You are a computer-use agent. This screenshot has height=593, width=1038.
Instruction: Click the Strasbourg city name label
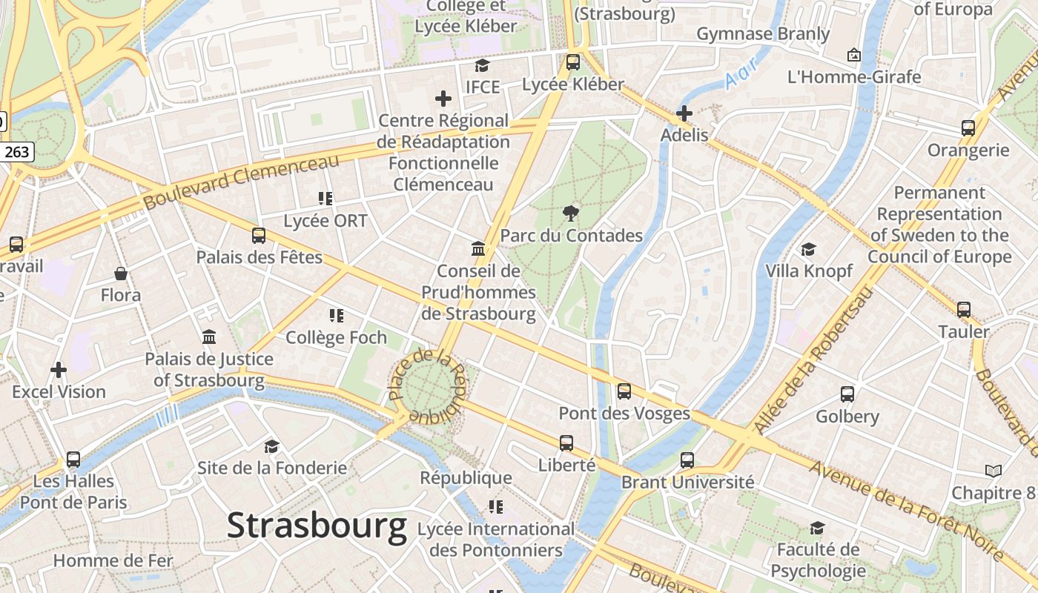317,526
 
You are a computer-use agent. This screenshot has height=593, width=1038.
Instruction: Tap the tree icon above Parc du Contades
570,213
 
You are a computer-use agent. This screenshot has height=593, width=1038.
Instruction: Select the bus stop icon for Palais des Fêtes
258,236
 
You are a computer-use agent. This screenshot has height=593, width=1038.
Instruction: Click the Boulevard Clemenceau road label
241,181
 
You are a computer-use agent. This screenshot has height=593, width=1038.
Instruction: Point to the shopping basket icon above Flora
121,274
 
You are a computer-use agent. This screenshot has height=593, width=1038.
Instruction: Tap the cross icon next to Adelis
684,113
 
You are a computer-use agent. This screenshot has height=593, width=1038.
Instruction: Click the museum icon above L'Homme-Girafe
853,55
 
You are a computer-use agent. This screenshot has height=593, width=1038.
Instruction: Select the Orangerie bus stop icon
968,128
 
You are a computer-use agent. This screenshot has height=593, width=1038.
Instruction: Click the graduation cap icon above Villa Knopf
808,250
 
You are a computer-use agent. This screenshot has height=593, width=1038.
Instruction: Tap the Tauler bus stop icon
963,309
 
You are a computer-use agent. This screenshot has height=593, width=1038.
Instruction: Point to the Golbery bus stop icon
847,394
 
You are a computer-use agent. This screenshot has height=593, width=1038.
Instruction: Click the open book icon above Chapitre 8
993,471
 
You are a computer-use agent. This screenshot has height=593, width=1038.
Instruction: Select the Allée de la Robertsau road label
814,360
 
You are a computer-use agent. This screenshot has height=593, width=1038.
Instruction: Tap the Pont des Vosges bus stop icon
624,391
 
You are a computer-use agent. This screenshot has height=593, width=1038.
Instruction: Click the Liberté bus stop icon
566,443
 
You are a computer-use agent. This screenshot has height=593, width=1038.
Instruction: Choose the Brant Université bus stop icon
687,460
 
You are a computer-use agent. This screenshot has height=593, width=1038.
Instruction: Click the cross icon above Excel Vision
59,369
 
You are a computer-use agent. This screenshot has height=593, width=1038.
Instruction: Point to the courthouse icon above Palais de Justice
209,337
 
